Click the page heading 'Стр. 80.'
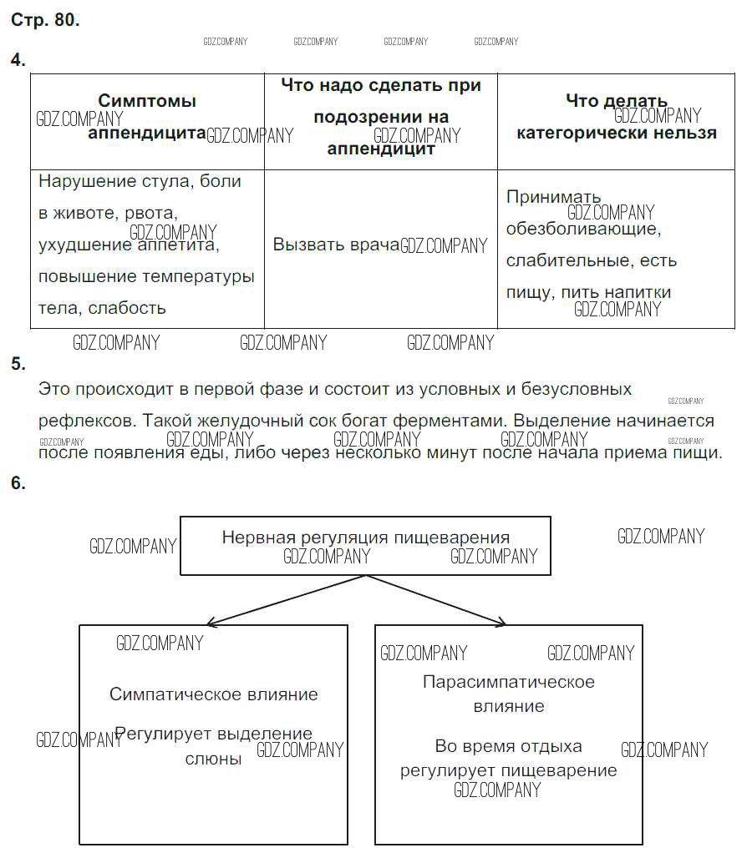click(x=45, y=21)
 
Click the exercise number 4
click(x=18, y=60)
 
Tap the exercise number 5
click(x=18, y=363)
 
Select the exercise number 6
click(x=18, y=482)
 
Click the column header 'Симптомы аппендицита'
click(x=147, y=117)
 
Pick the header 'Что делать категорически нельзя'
click(x=616, y=117)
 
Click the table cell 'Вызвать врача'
click(x=336, y=245)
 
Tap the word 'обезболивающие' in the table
click(x=583, y=229)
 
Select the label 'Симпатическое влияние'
click(x=214, y=694)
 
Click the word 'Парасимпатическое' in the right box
click(x=509, y=682)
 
